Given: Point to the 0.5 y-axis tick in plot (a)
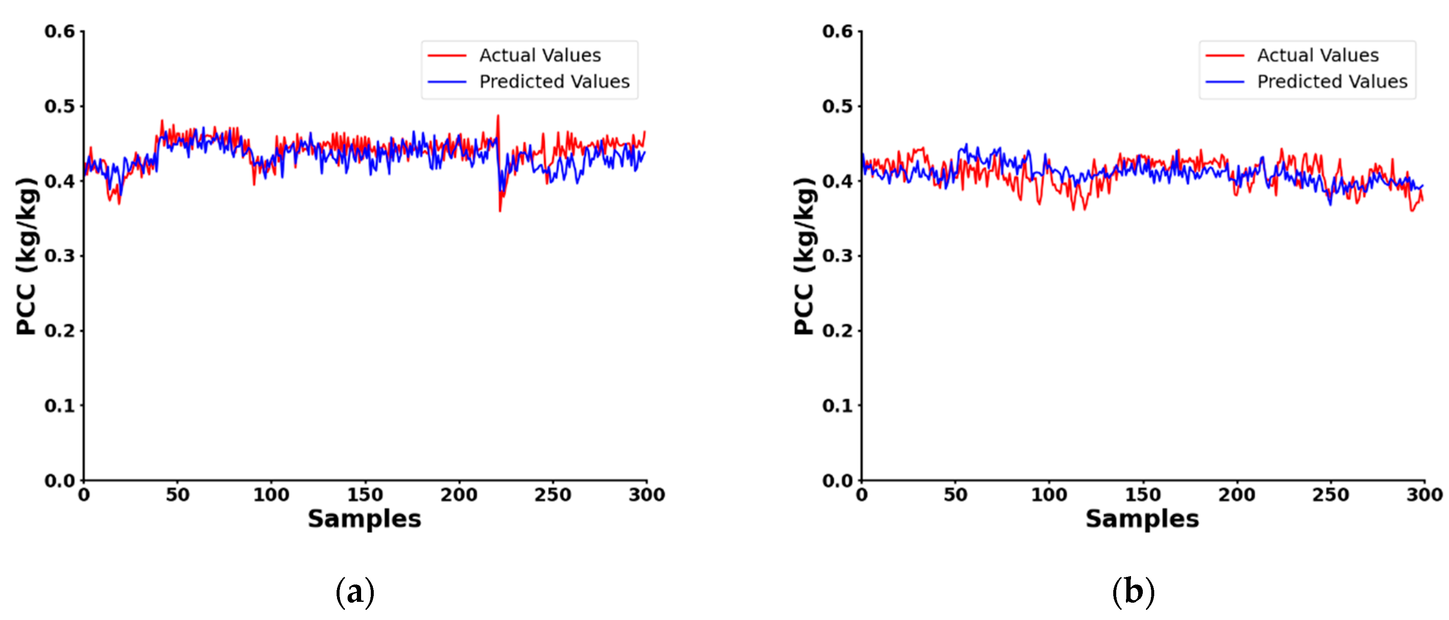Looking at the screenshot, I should tap(60, 106).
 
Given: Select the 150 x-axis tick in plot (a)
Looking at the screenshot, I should tap(364, 495).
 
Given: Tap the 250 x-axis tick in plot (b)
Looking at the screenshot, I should tap(1330, 495).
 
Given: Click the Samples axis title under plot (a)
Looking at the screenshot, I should tap(364, 519).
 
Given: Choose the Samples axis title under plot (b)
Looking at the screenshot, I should tap(1142, 519).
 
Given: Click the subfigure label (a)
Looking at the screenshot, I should tap(354, 592).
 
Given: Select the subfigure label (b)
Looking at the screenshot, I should tap(1133, 592).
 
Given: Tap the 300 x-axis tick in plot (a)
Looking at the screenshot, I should tap(646, 495).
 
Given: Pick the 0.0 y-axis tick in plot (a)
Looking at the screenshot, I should tap(60, 481).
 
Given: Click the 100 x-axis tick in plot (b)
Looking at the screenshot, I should tap(1049, 495).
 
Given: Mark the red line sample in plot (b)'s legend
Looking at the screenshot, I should tap(1225, 56).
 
